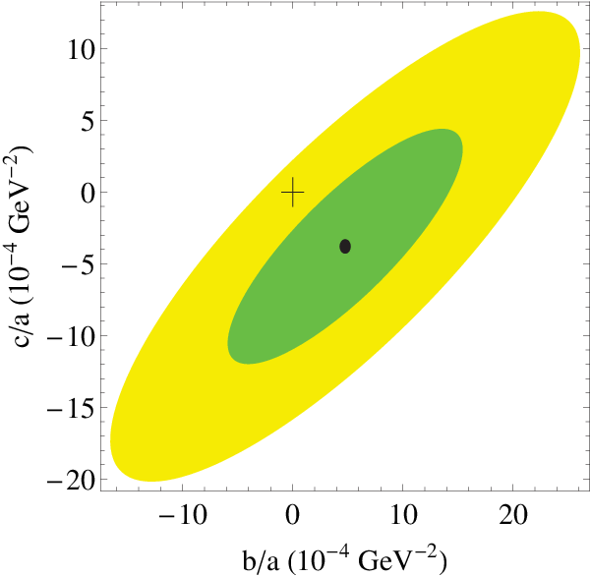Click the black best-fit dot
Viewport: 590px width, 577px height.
[345, 247]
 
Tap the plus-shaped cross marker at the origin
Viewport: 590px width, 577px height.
[293, 193]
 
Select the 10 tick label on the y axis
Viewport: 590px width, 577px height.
[81, 49]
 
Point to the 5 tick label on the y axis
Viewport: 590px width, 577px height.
[88, 121]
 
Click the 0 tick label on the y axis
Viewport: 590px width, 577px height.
[88, 193]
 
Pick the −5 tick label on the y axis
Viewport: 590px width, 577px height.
[78, 264]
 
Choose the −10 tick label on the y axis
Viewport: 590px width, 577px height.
[71, 336]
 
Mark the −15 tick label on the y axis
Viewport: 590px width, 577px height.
[71, 408]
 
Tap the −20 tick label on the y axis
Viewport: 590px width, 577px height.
[71, 480]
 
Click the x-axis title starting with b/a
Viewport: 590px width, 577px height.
[345, 559]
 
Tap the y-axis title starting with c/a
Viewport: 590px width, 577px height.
[19, 246]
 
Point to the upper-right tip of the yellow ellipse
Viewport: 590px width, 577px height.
[574, 29]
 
